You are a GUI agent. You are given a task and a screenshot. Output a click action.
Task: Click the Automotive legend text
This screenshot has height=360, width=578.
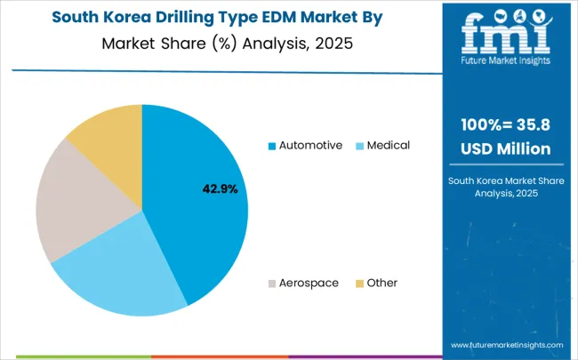[x=310, y=145]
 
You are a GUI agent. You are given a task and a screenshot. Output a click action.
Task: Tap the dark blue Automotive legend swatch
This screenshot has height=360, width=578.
[x=272, y=145]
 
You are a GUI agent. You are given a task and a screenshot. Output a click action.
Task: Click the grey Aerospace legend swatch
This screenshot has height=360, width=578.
[x=272, y=283]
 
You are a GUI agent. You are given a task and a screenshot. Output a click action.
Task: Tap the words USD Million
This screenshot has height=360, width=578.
[x=505, y=148]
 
